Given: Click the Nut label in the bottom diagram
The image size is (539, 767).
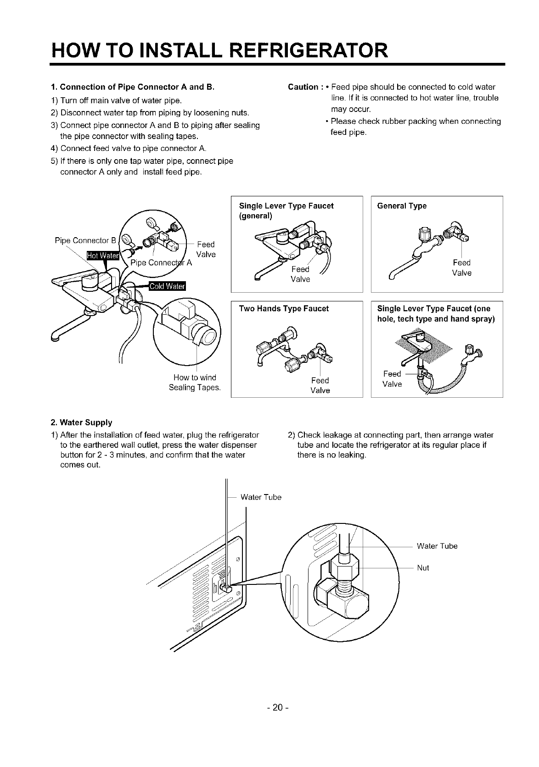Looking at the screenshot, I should (423, 568).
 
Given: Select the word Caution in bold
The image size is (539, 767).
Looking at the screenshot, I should (303, 87).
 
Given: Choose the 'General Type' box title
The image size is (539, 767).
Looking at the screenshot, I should (402, 206).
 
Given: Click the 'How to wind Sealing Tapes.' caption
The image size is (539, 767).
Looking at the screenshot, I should (195, 383).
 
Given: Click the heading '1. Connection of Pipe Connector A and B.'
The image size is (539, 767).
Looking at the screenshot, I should (133, 87).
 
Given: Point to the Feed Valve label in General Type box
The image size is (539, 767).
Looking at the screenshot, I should (461, 267).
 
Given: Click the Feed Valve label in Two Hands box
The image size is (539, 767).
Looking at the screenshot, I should (320, 385).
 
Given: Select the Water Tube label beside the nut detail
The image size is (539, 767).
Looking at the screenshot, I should (437, 546).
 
